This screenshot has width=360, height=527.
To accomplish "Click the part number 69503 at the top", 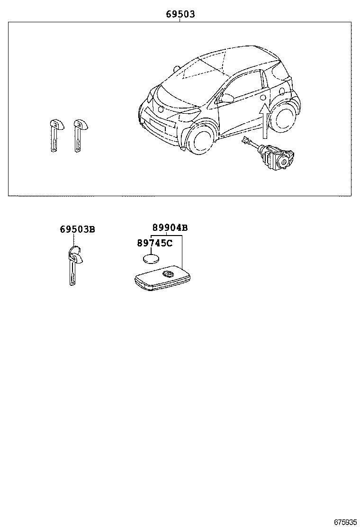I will [x=180, y=15].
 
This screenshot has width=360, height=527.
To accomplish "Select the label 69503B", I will [x=77, y=229].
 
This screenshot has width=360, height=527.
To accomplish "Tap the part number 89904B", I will [x=170, y=228].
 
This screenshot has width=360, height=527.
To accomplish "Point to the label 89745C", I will [x=154, y=243].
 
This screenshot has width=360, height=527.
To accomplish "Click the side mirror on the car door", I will [x=227, y=98].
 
